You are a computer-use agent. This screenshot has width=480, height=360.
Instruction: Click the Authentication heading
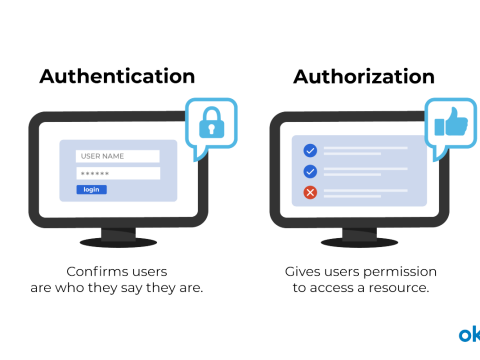[x=117, y=77]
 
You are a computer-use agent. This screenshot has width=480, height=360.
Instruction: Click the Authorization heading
[x=363, y=77]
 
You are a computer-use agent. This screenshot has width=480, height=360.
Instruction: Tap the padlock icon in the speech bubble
[x=211, y=124]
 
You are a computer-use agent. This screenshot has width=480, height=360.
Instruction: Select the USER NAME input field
[x=117, y=156]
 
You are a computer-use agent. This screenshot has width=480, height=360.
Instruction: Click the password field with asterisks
[x=117, y=173]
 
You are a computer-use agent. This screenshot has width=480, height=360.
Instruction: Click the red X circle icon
[x=310, y=191]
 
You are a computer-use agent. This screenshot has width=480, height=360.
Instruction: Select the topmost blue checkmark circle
[x=310, y=150]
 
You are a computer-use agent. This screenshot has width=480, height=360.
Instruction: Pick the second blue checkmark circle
[x=310, y=171]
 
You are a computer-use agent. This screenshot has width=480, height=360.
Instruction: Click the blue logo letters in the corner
[x=469, y=333]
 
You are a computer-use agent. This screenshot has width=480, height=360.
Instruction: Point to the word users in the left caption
[x=146, y=272]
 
